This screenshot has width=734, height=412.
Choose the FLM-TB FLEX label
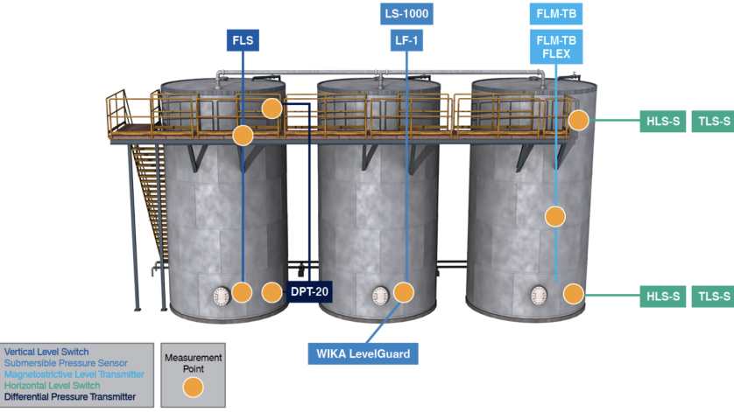[x=556, y=46]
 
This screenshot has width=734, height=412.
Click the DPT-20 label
[x=311, y=292]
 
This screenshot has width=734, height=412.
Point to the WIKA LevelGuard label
[x=363, y=353]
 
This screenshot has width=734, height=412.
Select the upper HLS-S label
[x=663, y=121]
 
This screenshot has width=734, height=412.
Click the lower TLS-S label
[x=713, y=297]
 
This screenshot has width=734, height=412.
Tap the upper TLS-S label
[x=713, y=121]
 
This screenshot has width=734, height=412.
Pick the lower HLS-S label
[x=663, y=297]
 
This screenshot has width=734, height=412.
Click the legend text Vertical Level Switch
[x=46, y=353]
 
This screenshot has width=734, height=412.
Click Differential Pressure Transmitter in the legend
[x=70, y=396]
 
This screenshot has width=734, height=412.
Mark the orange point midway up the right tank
[x=554, y=214]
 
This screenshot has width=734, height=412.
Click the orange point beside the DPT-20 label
[x=272, y=292]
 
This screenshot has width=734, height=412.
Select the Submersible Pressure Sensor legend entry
[x=66, y=363]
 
